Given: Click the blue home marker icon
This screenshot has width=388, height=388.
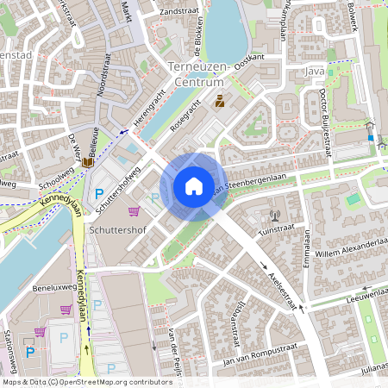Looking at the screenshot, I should (194, 186).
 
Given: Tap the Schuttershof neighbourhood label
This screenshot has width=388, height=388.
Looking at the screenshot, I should (118, 232).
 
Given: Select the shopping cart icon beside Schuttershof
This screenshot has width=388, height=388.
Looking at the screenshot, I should (134, 210).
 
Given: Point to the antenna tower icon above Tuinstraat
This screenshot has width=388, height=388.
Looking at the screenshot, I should (275, 216).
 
